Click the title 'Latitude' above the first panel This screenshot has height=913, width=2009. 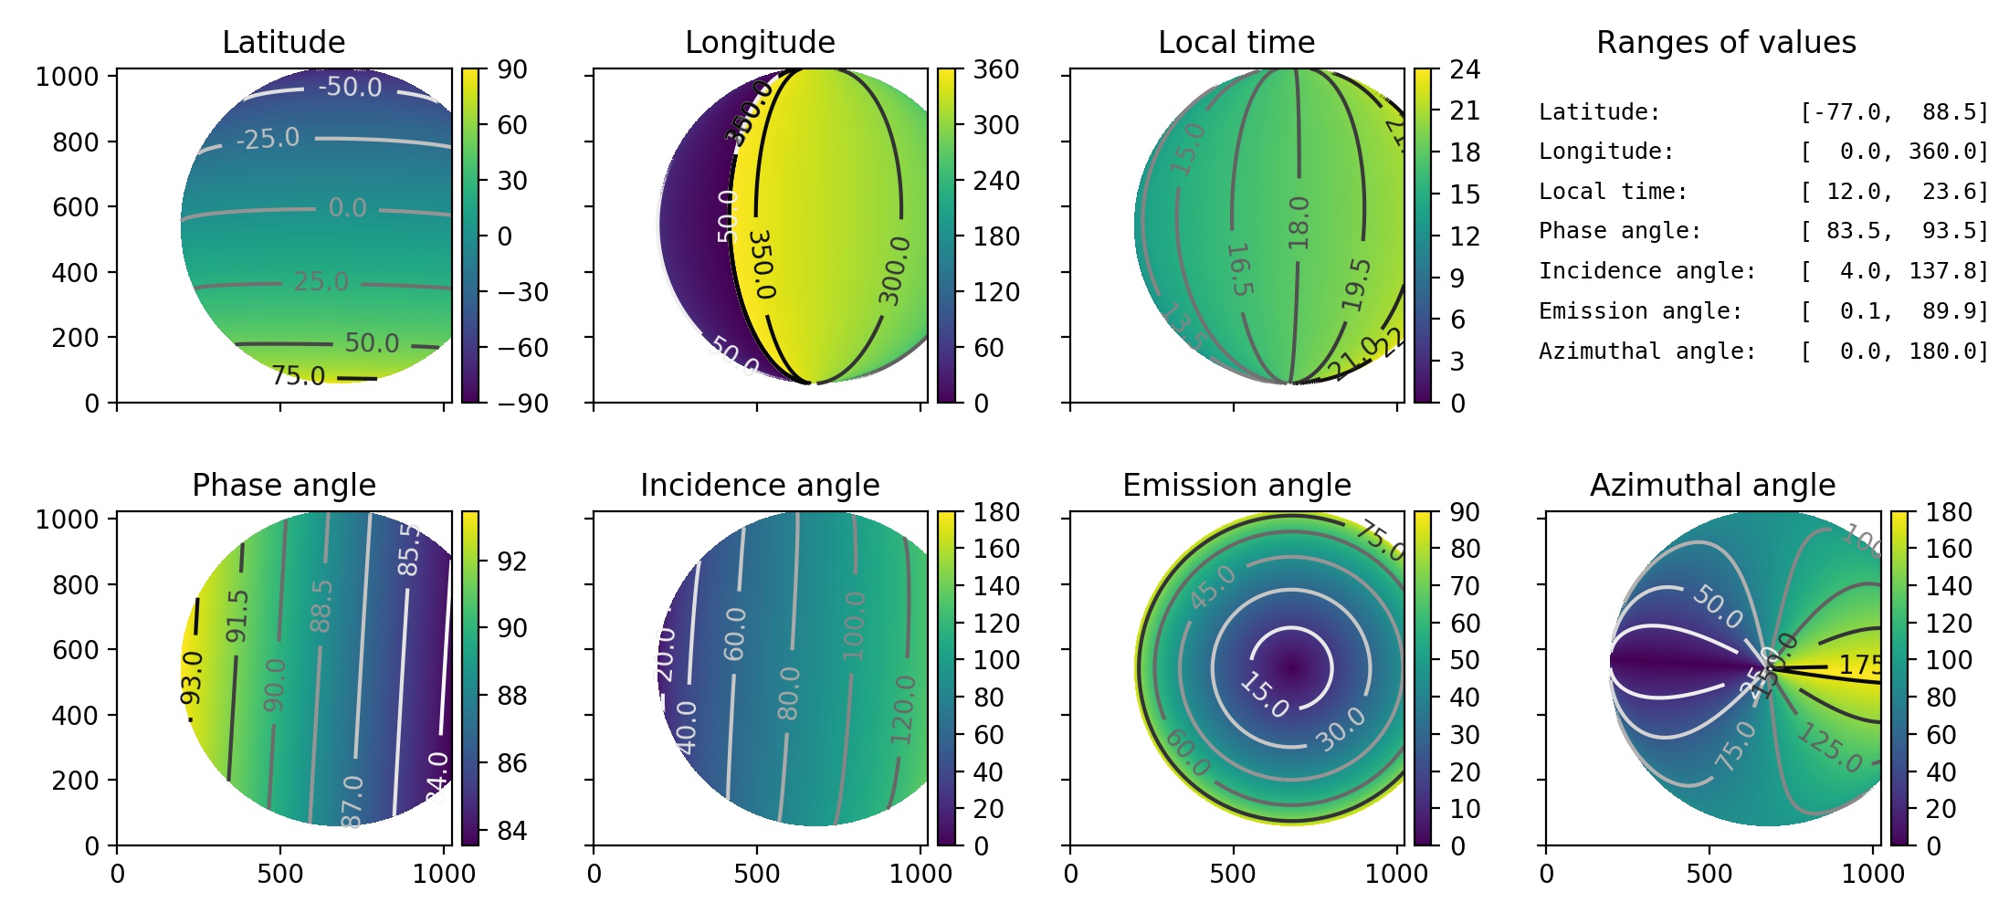(x=283, y=42)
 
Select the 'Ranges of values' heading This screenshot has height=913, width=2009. (x=1726, y=42)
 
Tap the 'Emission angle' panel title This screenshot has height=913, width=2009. (x=1236, y=485)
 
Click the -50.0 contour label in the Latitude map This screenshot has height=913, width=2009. (x=350, y=87)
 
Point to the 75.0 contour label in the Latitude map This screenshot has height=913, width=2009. (x=298, y=376)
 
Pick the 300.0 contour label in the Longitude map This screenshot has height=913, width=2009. (x=894, y=270)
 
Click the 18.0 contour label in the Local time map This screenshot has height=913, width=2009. (x=1298, y=223)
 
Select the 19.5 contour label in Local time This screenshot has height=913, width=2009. (x=1357, y=284)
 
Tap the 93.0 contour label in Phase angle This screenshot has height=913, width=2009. (x=192, y=678)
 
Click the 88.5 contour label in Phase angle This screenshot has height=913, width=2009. (x=321, y=606)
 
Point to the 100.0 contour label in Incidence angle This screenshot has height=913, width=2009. (x=853, y=626)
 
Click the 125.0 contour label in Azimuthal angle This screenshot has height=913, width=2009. (x=1830, y=748)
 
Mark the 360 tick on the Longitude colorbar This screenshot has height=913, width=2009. (x=995, y=69)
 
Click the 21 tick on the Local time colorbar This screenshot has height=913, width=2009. (x=1465, y=110)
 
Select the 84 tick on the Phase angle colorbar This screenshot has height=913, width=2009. (x=512, y=831)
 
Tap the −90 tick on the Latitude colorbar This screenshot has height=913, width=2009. (x=522, y=404)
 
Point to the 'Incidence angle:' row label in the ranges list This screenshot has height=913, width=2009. (x=1646, y=271)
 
